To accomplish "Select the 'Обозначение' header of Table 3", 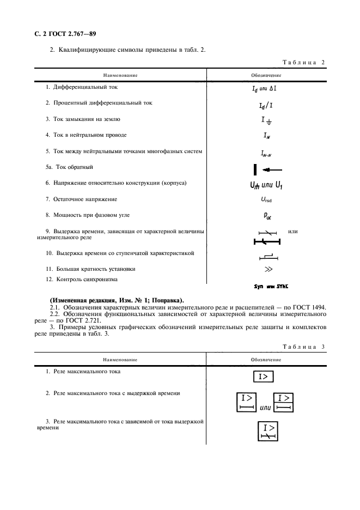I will pyautogui.click(x=266, y=360).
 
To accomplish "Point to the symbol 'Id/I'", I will pyautogui.click(x=266, y=105).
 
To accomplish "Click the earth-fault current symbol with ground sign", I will pyautogui.click(x=266, y=121).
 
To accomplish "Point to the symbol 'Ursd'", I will pyautogui.click(x=266, y=201).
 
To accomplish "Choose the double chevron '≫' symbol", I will pyautogui.click(x=266, y=269).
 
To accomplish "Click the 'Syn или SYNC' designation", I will pyautogui.click(x=271, y=285).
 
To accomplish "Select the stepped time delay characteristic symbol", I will pyautogui.click(x=266, y=255).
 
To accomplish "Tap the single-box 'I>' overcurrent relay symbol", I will pyautogui.click(x=264, y=376).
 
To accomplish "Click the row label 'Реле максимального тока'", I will pyautogui.click(x=87, y=372).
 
